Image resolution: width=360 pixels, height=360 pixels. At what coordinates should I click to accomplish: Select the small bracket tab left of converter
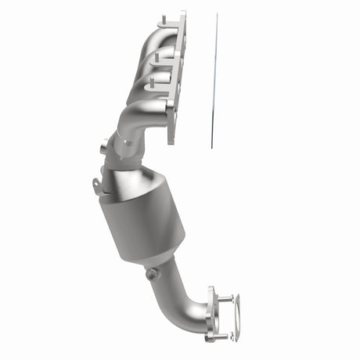tap(96, 185)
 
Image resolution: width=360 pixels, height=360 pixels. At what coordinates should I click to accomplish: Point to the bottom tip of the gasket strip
tap(210, 146)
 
